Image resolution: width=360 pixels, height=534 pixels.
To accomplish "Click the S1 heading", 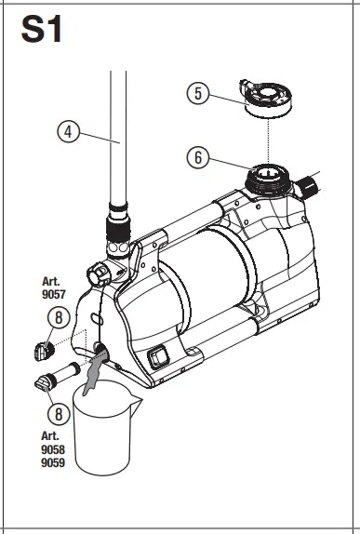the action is (x=42, y=29).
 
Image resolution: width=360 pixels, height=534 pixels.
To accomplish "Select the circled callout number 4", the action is (x=69, y=132).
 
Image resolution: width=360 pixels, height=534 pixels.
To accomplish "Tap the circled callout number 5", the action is (x=198, y=93).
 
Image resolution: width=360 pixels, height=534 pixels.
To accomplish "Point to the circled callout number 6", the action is (x=198, y=157).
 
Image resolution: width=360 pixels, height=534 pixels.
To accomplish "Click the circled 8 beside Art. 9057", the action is (x=59, y=317).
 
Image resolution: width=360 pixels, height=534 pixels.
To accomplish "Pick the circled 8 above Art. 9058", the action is (x=59, y=414).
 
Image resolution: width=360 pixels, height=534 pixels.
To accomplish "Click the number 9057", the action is (x=53, y=294).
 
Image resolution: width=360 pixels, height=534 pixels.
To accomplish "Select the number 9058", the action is (x=53, y=449).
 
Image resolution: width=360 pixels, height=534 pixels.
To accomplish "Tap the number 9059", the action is (x=53, y=462).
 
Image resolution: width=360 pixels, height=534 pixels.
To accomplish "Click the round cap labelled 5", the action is (x=268, y=98).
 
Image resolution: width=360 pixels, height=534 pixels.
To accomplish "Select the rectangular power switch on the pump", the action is (x=158, y=357).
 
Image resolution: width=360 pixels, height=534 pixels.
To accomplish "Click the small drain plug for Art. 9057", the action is (x=44, y=351).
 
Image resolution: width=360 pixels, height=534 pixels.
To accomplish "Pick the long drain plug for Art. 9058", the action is (x=58, y=377).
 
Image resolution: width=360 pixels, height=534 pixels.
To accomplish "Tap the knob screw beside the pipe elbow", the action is (x=99, y=274).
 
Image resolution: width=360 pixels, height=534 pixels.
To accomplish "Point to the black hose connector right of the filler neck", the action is (x=307, y=187).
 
